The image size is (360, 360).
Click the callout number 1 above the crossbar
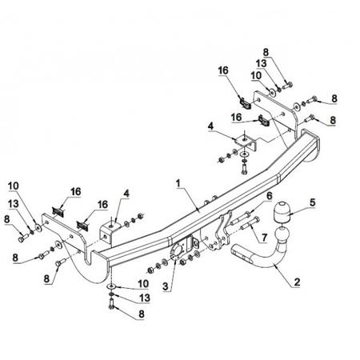tap(178, 183)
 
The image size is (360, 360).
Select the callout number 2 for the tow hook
tap(297, 282)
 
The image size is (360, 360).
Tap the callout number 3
tap(166, 286)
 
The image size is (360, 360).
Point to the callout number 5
tap(312, 202)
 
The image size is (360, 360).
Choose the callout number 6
tap(270, 196)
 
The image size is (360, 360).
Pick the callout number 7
tap(264, 238)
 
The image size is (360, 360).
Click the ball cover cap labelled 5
tap(280, 214)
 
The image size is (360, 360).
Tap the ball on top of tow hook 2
tap(282, 234)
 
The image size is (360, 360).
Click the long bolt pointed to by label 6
tap(240, 218)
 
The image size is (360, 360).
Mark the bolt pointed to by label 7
tap(250, 224)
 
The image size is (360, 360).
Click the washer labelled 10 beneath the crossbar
tap(111, 286)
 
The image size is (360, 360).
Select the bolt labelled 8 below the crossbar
tap(111, 304)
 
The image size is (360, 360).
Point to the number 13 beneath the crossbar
tap(145, 298)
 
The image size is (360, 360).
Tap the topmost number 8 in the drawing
tap(266, 52)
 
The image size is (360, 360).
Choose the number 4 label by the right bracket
tap(210, 126)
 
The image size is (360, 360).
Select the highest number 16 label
tap(223, 70)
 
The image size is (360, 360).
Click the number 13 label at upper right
tap(261, 63)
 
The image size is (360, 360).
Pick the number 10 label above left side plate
tap(14, 186)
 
